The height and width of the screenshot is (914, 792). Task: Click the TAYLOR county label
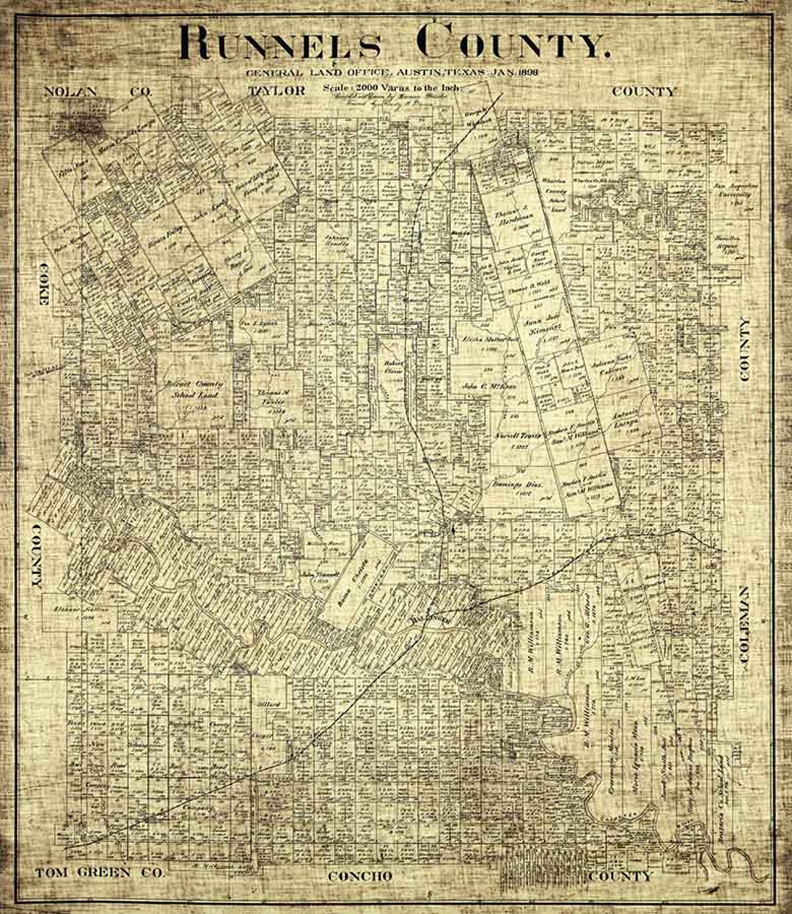coord(276,91)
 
